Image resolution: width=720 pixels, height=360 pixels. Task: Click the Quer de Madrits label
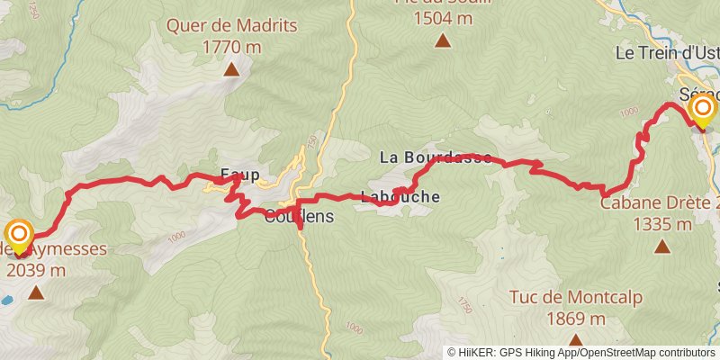click(231, 25)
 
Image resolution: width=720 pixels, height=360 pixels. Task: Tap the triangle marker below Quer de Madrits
click(231, 68)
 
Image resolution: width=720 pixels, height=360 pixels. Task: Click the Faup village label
click(240, 175)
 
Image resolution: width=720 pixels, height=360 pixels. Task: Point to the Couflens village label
click(299, 216)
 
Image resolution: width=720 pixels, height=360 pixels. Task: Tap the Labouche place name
click(400, 196)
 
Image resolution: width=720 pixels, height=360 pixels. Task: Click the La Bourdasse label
click(436, 157)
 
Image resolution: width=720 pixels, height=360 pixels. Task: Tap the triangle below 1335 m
click(662, 246)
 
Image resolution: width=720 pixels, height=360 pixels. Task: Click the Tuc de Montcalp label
click(559, 297)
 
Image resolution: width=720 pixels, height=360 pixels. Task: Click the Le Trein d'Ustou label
click(667, 53)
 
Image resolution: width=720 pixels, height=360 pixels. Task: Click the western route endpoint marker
click(19, 236)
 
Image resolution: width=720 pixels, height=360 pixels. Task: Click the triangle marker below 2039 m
click(36, 292)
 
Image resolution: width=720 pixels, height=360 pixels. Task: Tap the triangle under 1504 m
click(443, 40)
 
